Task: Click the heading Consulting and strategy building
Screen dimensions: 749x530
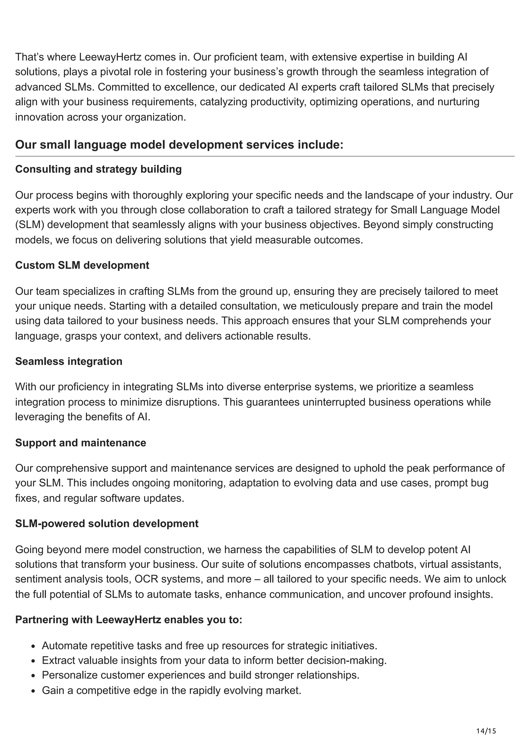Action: (98, 169)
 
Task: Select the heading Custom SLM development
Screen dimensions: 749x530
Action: (82, 265)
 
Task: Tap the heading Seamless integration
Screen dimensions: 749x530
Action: (69, 362)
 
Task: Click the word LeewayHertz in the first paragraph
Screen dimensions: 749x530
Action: (110, 57)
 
